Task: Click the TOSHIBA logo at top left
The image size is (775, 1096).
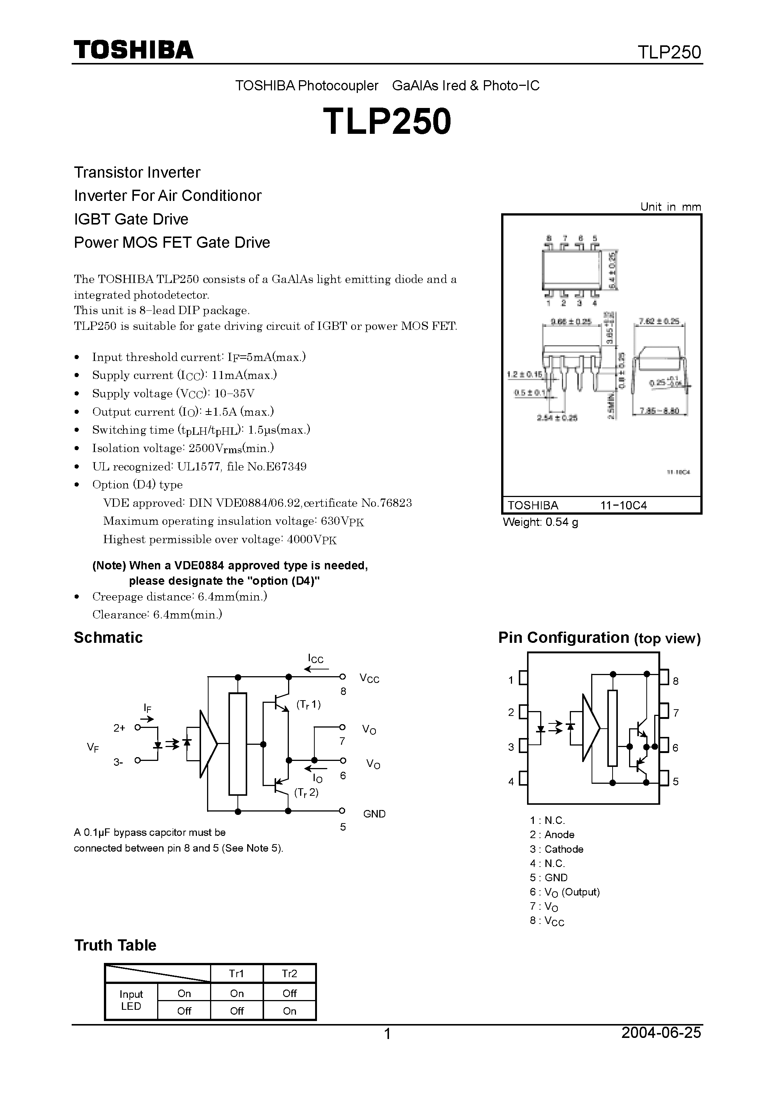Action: click(x=133, y=49)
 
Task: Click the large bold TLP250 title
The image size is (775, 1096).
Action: click(x=387, y=121)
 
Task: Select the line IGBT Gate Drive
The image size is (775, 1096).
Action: click(x=131, y=219)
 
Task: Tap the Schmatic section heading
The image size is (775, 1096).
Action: click(x=108, y=638)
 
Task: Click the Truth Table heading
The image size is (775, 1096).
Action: click(x=115, y=945)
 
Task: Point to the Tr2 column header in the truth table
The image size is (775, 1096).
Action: click(x=289, y=974)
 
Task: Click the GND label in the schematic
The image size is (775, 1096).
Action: click(x=374, y=814)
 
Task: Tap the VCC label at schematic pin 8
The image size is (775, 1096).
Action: click(x=369, y=679)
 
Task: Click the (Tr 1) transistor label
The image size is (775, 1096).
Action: click(x=309, y=705)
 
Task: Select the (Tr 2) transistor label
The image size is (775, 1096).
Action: click(x=306, y=792)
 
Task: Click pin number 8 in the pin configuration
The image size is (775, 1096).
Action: click(x=676, y=681)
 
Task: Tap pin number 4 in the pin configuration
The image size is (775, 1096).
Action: click(x=511, y=782)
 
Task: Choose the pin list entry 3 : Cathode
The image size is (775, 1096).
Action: click(x=556, y=849)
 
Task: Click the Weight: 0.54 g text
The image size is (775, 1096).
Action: click(x=541, y=522)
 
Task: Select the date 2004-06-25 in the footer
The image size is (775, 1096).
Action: click(x=661, y=1033)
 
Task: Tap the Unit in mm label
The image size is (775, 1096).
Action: click(x=670, y=207)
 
